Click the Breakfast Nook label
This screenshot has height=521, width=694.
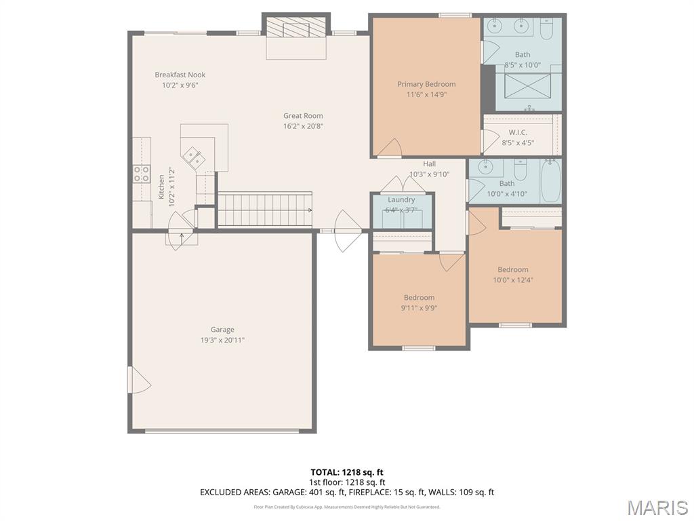180,75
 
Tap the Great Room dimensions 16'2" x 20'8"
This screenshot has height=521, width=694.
303,126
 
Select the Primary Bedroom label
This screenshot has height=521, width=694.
426,84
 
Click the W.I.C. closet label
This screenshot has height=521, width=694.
518,132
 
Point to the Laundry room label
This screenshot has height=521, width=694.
401,199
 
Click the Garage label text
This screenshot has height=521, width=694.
222,330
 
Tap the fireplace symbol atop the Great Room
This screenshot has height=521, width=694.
295,28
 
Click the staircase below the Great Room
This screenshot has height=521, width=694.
264,209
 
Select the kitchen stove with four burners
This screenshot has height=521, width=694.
141,174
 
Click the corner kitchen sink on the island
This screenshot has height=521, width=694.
195,158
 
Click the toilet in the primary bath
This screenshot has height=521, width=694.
547,26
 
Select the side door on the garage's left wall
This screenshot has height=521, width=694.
140,379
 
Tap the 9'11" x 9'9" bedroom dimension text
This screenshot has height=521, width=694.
420,307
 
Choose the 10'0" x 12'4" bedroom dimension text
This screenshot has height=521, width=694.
513,279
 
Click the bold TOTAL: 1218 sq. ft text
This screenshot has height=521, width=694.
347,472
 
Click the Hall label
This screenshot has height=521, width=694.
430,163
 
